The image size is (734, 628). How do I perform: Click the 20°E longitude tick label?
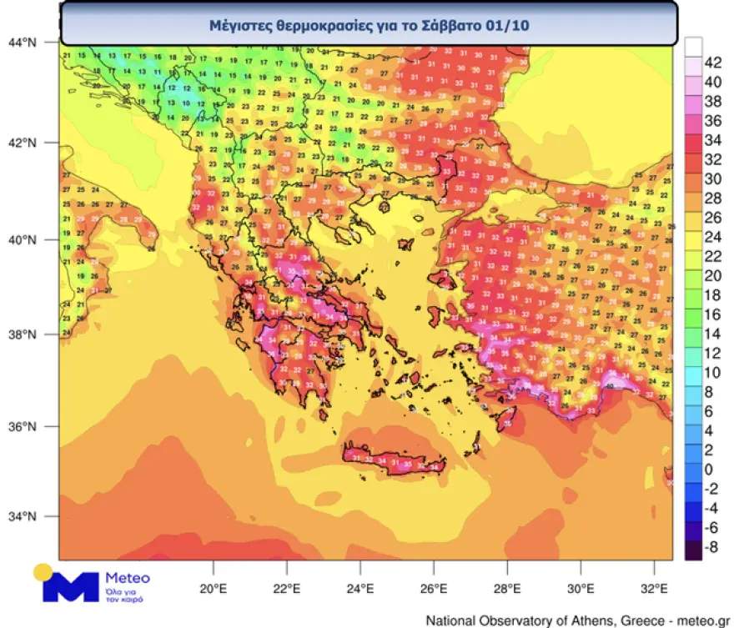(x=214, y=588)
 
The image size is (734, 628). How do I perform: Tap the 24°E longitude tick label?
(x=360, y=588)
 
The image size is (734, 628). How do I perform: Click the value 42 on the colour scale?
(x=713, y=63)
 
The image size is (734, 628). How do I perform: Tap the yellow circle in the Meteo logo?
(x=43, y=574)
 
